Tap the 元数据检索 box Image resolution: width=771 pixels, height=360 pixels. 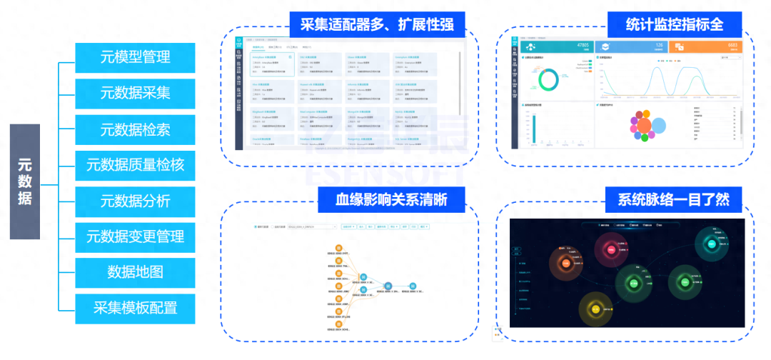[135, 129]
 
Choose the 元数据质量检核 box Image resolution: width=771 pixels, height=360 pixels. [135, 165]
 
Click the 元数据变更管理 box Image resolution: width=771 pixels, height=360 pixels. [135, 236]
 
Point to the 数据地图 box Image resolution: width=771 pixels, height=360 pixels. [135, 272]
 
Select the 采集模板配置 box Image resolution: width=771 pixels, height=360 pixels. [135, 309]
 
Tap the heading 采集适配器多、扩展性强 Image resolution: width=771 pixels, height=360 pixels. [377, 24]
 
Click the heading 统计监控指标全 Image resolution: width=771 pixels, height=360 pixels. [674, 24]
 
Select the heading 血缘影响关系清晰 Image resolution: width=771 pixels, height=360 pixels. [391, 199]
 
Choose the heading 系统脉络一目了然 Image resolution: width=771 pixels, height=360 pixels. [669, 199]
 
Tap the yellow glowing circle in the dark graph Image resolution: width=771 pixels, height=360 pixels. [597, 309]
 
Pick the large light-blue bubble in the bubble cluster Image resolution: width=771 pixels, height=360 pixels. [657, 127]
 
